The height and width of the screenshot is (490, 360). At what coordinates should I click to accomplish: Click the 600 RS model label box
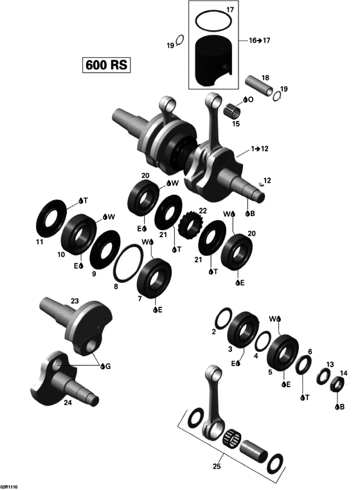pos(106,64)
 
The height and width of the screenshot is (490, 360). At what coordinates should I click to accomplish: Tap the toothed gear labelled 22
pos(192,226)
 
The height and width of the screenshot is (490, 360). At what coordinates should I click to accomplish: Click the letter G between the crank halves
pos(107,367)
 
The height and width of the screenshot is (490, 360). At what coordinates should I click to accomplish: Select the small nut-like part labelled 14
pos(335,386)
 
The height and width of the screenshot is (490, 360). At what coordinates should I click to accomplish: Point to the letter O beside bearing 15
pos(250,100)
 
